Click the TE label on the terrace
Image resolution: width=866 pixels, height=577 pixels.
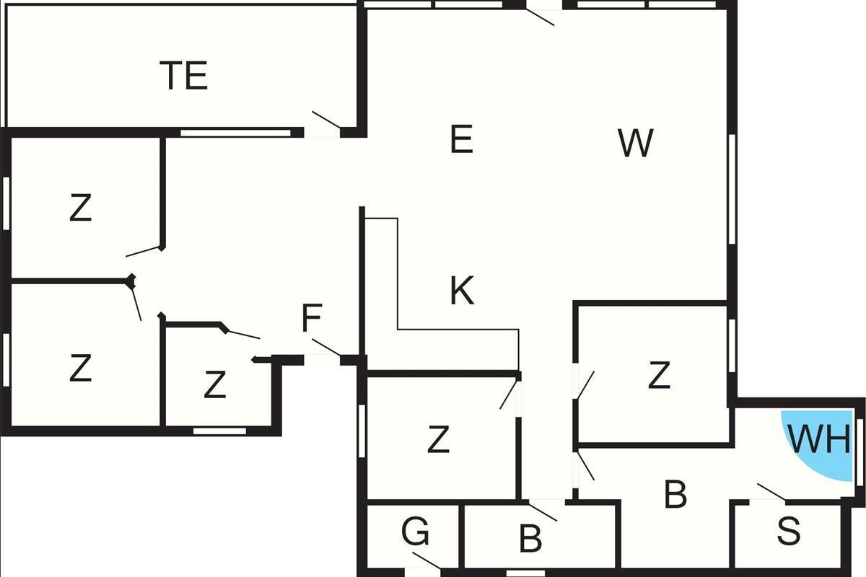pos(184,75)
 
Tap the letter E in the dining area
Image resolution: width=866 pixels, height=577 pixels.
pos(462,138)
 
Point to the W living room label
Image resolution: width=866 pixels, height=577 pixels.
pos(636,143)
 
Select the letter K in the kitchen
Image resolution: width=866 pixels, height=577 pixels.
pos(462,290)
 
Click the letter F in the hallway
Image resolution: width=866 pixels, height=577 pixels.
pos(312,317)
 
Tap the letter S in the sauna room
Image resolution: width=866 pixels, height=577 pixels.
pos(789,531)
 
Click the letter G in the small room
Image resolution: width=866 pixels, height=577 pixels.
pos(415,531)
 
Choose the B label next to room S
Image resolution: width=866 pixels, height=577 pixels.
pos(675,493)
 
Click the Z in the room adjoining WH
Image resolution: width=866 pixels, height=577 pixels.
pos(659,374)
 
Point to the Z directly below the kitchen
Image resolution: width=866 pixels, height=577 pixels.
pos(438,439)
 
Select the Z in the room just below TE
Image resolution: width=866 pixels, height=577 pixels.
pos(80,208)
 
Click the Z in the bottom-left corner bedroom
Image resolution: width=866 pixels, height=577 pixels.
pos(80,367)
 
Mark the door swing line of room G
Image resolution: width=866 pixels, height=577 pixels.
pos(427,560)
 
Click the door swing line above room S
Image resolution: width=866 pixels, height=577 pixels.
pos(771,492)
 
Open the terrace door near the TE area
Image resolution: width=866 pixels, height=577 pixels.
pos(326,120)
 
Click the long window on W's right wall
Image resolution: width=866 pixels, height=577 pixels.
pos(732,189)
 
